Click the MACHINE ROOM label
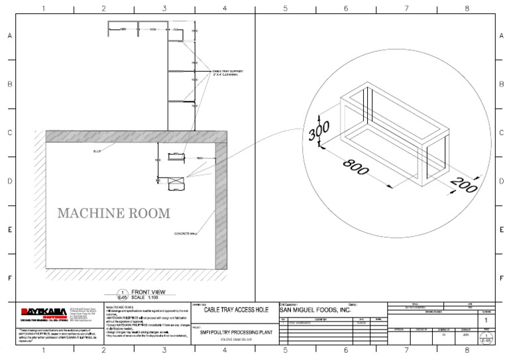click(x=113, y=213)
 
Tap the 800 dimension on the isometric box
click(x=356, y=168)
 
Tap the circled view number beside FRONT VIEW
click(x=121, y=294)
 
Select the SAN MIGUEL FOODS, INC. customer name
click(x=313, y=310)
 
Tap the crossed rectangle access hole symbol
click(x=176, y=182)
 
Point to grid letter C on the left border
click(x=9, y=133)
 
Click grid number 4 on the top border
click(x=225, y=9)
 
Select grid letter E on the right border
click(x=501, y=229)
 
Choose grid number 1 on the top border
click(x=44, y=9)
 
